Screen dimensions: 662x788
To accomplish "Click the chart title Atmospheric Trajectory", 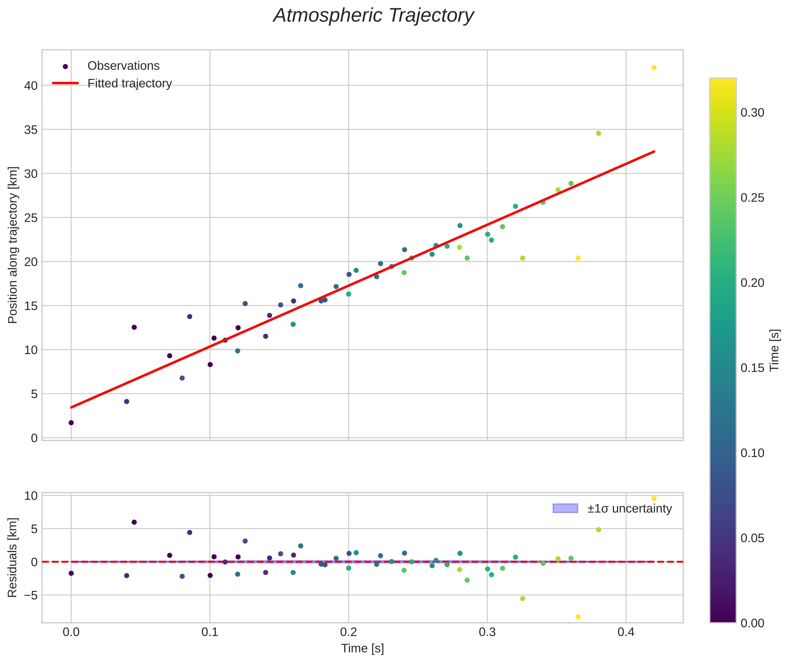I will [374, 16].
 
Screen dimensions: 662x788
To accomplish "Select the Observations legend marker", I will [65, 66].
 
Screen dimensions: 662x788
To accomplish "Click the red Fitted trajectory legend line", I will [65, 83].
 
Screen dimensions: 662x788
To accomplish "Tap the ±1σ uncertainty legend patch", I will [565, 508].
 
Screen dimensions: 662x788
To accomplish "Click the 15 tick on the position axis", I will [31, 306].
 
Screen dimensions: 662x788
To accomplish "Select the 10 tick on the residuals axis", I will [31, 496].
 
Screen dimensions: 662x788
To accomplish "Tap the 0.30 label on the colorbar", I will [752, 113].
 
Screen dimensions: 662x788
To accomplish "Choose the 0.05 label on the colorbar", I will [752, 538].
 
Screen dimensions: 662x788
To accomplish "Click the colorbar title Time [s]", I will [774, 350].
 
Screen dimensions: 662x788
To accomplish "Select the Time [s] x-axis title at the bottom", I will [362, 648].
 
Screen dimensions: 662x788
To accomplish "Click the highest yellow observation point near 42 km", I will [654, 67].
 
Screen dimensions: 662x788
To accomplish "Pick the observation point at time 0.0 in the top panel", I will [71, 423].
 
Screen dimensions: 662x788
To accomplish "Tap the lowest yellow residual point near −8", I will [578, 617].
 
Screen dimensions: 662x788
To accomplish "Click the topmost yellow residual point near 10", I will [654, 498].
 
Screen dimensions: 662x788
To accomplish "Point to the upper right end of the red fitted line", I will [654, 151].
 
